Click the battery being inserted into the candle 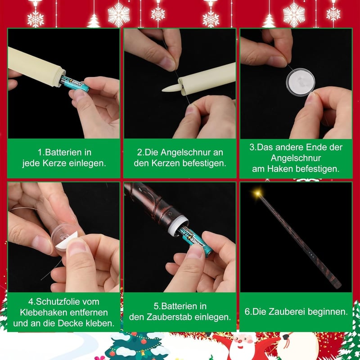pyautogui.click(x=74, y=84)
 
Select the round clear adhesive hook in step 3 pyautogui.click(x=301, y=82)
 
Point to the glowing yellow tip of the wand pyautogui.click(x=258, y=193)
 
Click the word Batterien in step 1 pyautogui.click(x=61, y=153)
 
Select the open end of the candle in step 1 pyautogui.click(x=60, y=77)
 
